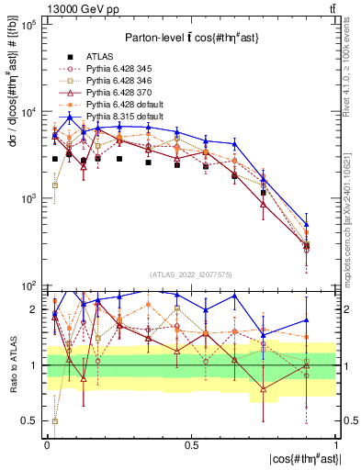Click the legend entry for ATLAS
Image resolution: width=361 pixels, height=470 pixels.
tap(99, 56)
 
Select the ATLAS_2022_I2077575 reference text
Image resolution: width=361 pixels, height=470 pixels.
tap(190, 274)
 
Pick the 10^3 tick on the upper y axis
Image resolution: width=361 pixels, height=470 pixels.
tap(31, 198)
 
